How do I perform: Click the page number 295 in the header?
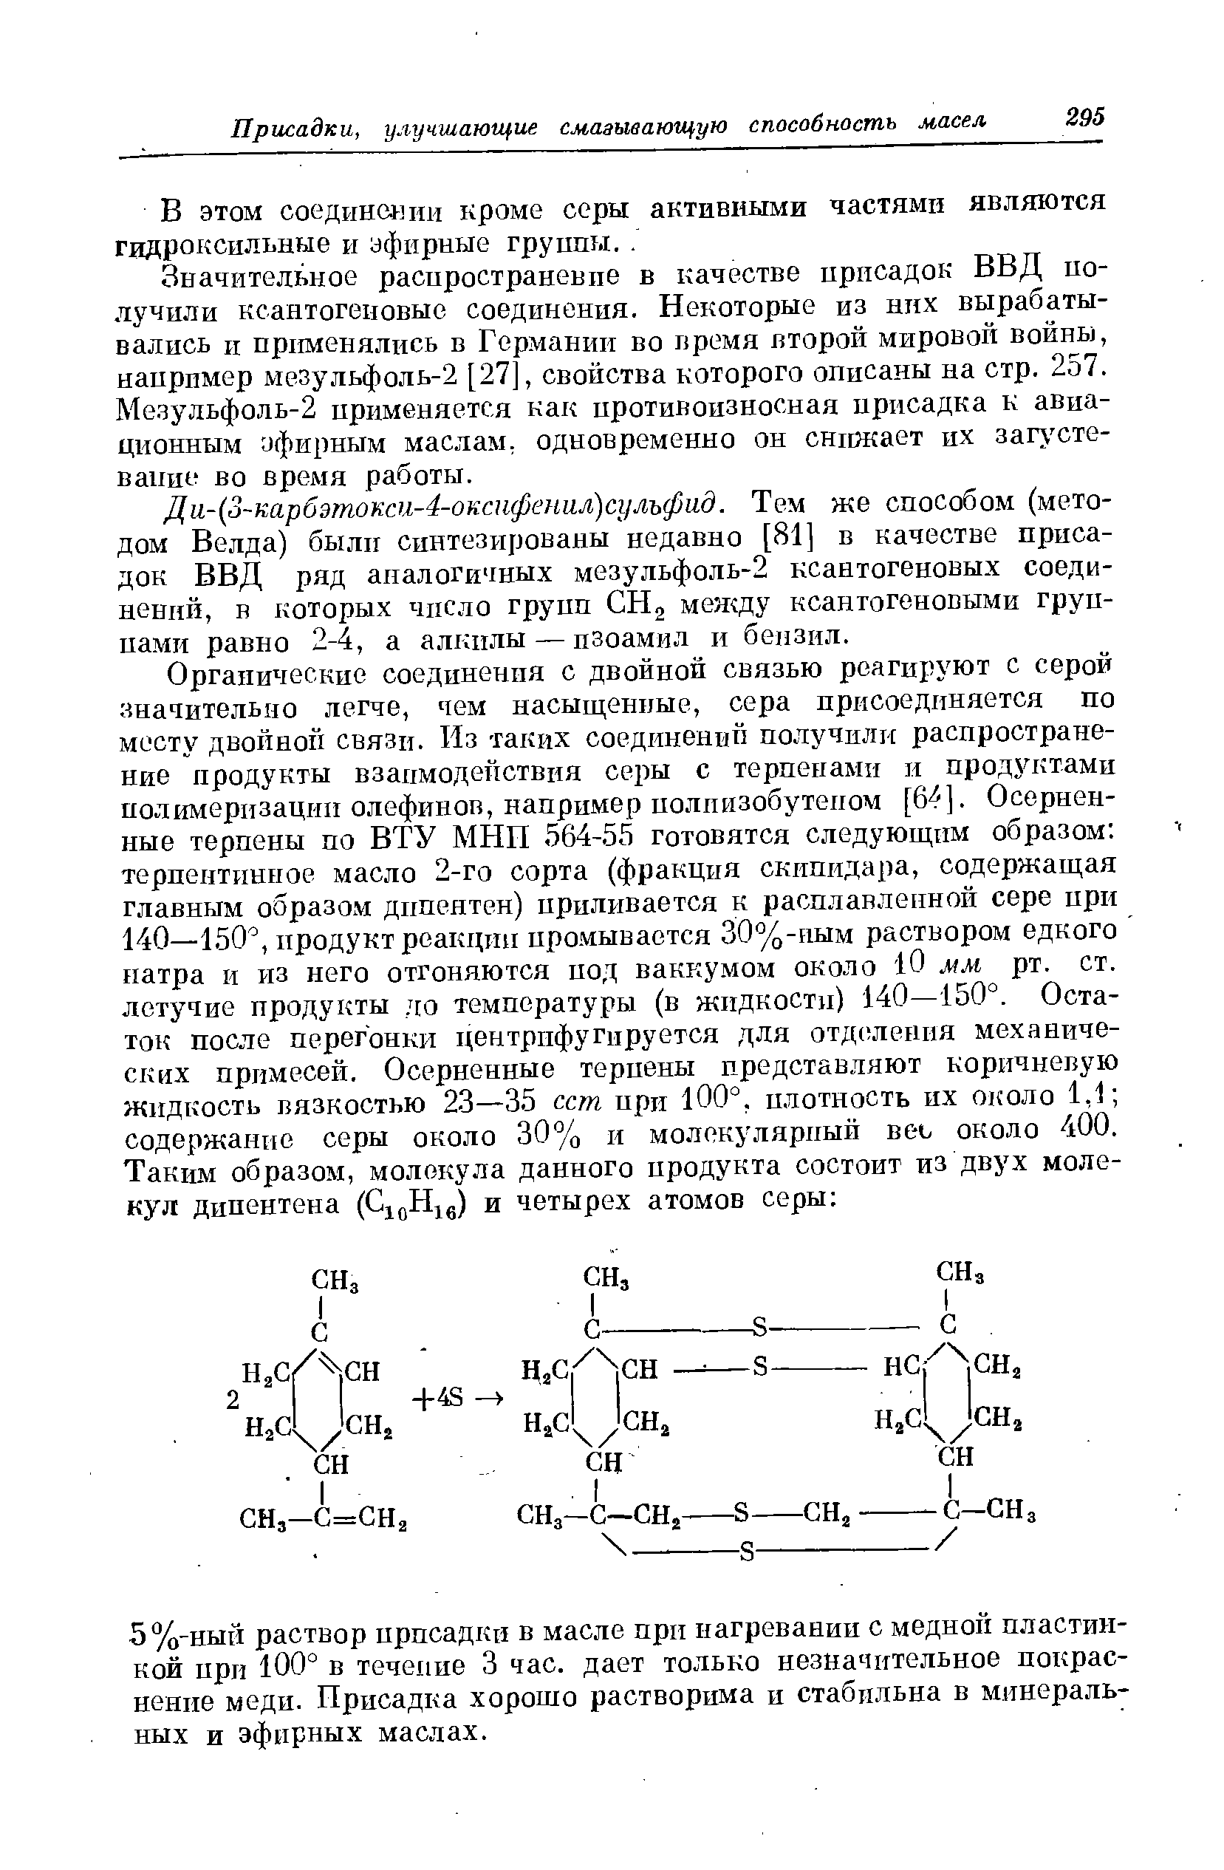pos(1085,117)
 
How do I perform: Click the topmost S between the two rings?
pos(759,1328)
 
